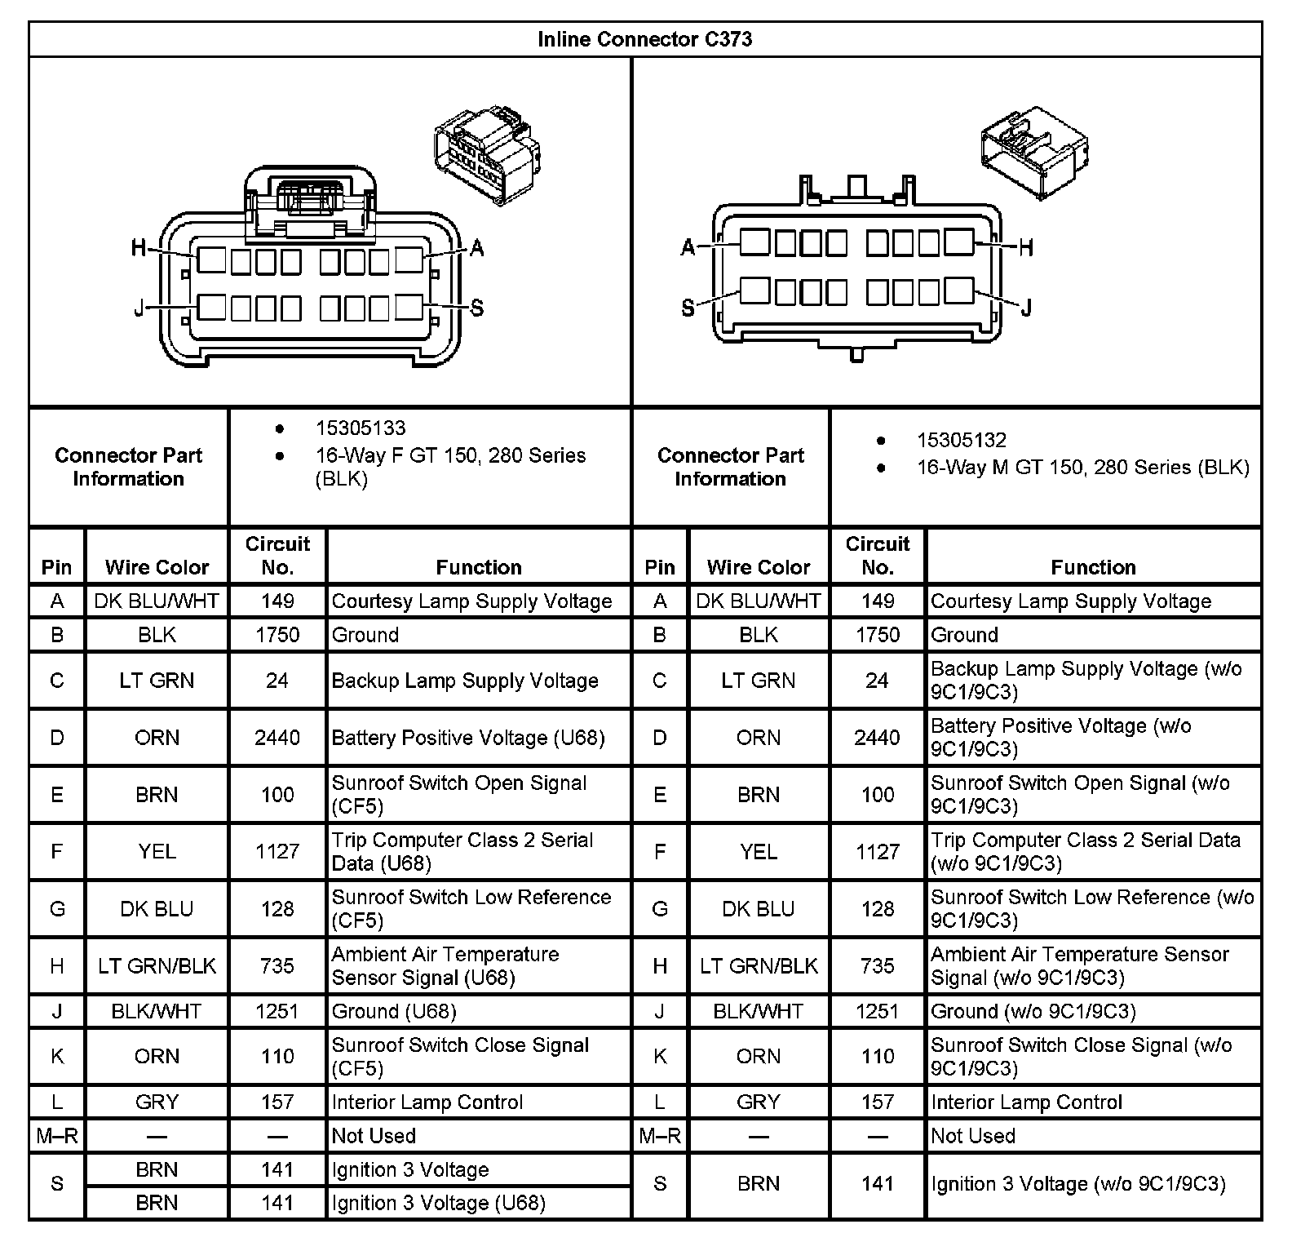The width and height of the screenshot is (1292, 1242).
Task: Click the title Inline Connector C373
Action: coord(644,39)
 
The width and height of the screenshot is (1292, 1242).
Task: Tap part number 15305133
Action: coord(361,428)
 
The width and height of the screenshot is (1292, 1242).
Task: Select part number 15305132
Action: coord(961,441)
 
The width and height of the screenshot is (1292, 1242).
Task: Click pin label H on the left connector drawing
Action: coord(139,247)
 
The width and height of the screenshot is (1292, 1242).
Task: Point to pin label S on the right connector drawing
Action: coord(688,308)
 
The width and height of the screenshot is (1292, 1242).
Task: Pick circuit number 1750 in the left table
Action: coord(277,635)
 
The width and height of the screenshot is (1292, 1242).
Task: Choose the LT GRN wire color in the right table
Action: coord(758,681)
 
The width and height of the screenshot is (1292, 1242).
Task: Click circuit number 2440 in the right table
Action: coord(877,738)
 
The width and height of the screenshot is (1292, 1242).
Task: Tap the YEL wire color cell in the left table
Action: coord(157,852)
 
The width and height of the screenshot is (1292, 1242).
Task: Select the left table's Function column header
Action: coord(479,567)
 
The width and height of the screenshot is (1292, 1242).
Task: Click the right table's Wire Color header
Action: coord(758,567)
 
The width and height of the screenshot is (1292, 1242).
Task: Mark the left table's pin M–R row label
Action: coord(57,1136)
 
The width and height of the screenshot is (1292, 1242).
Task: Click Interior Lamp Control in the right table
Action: coord(1026,1102)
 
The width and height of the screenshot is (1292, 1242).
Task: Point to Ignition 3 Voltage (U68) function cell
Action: coord(438,1203)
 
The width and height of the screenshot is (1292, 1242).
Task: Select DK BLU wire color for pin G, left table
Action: coord(157,909)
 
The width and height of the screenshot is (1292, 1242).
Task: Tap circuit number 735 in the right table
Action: coord(877,966)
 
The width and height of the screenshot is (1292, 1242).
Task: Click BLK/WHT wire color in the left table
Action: coord(157,1012)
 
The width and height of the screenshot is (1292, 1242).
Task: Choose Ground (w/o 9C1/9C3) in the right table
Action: coord(1033,1012)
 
